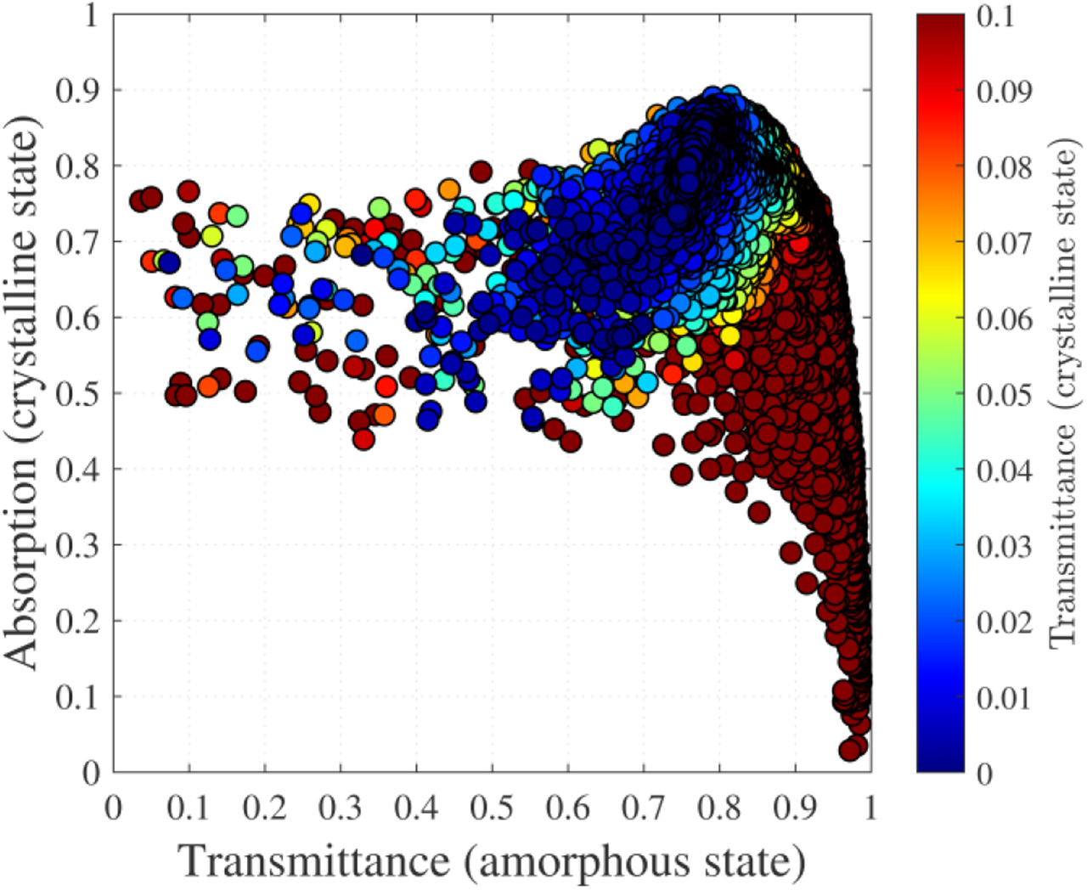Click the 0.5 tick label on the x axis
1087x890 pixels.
(492, 807)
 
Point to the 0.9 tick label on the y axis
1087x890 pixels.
(76, 90)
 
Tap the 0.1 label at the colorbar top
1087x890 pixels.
(994, 16)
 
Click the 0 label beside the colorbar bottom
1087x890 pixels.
(983, 774)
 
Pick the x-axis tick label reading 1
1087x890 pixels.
(870, 807)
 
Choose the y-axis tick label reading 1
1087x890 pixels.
(91, 15)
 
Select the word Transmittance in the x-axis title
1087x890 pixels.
(315, 862)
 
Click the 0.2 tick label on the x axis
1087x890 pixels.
(264, 807)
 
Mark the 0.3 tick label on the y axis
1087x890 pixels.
(76, 544)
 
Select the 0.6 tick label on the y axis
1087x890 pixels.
(76, 318)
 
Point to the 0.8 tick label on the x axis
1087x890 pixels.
(719, 807)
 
